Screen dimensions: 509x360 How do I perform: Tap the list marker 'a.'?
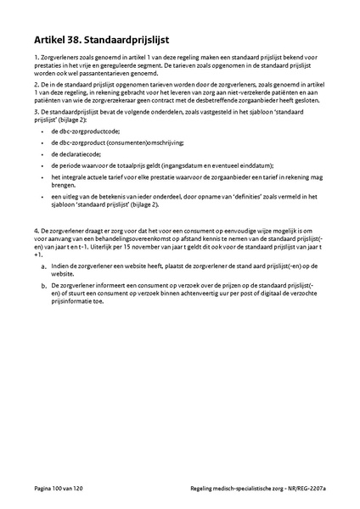pos(43,266)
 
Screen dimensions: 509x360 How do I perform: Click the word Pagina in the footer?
pos(39,489)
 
